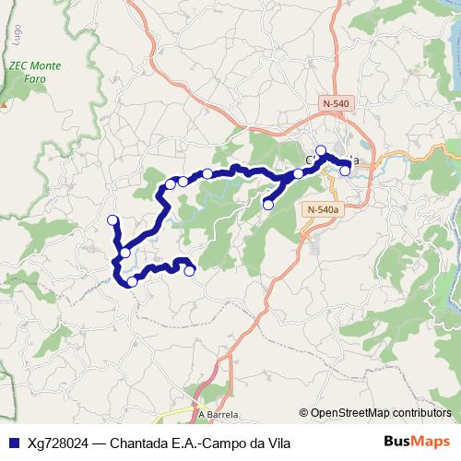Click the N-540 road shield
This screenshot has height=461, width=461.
[x=336, y=103]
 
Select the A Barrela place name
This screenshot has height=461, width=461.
[x=218, y=414]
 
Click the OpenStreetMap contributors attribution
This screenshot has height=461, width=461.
[x=380, y=413]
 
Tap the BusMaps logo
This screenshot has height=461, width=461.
[x=418, y=442]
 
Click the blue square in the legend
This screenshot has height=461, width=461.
[x=12, y=443]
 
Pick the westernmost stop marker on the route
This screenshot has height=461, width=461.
[x=113, y=220]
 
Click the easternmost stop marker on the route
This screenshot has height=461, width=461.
[x=345, y=171]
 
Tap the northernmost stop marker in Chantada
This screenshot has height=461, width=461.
[x=321, y=150]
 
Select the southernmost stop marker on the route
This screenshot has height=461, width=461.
[x=133, y=281]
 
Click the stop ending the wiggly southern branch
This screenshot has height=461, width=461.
[x=190, y=271]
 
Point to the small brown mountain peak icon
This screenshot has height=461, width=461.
[x=4, y=103]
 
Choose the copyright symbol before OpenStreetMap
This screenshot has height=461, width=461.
[x=304, y=413]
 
